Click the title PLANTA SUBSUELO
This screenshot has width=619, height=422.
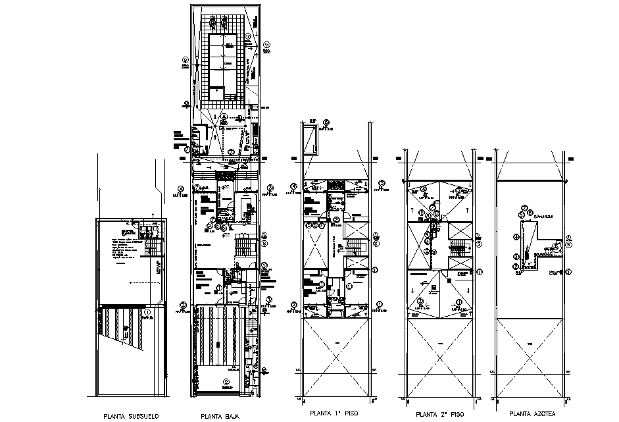click(x=130, y=415)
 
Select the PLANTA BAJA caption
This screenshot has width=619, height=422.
click(x=220, y=415)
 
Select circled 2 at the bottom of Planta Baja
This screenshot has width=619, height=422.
click(x=225, y=382)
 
